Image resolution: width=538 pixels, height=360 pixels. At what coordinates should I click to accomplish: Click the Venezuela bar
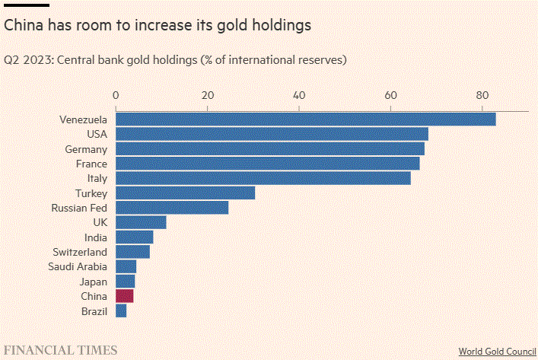(x=305, y=119)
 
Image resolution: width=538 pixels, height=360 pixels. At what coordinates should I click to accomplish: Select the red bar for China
(x=124, y=296)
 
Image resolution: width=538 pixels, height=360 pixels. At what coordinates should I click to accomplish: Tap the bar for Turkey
(x=185, y=193)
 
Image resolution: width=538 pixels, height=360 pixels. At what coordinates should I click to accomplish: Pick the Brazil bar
(x=121, y=311)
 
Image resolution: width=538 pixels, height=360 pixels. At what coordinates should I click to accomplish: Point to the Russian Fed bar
(x=172, y=208)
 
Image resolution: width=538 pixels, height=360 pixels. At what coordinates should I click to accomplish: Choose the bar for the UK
(x=141, y=222)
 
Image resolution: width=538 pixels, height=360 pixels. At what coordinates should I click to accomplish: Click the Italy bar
(x=263, y=178)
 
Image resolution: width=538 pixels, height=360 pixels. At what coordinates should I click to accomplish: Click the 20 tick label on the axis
(x=208, y=96)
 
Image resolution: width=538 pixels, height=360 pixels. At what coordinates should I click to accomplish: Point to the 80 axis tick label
(x=482, y=96)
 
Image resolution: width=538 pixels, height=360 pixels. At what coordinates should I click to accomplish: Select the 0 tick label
(x=116, y=96)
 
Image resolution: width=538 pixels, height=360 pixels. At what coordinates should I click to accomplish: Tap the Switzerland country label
(x=80, y=252)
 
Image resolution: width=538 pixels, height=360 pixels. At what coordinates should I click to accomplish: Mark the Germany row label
(x=86, y=149)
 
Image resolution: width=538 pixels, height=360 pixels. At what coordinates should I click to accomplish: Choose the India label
(x=96, y=237)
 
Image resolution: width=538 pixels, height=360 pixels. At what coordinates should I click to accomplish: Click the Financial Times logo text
(x=61, y=350)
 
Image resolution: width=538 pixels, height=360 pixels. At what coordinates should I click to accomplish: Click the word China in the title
(x=24, y=25)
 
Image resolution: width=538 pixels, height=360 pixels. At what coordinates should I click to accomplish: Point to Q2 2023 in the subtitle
(x=27, y=59)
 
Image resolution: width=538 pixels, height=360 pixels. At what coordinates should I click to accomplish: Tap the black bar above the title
(x=27, y=5)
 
